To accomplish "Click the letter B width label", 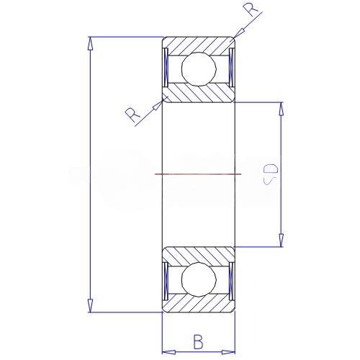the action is [x=198, y=341].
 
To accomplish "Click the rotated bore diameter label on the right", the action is [x=271, y=174].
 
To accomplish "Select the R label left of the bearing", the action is [x=132, y=114].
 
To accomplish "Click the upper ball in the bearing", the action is [x=199, y=69].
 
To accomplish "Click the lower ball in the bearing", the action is [x=199, y=279].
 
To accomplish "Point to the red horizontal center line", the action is [x=198, y=174].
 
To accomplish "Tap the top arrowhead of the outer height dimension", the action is [x=90, y=43].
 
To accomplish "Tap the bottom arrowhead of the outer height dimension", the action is [x=90, y=306].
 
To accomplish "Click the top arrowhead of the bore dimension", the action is [x=282, y=109].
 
